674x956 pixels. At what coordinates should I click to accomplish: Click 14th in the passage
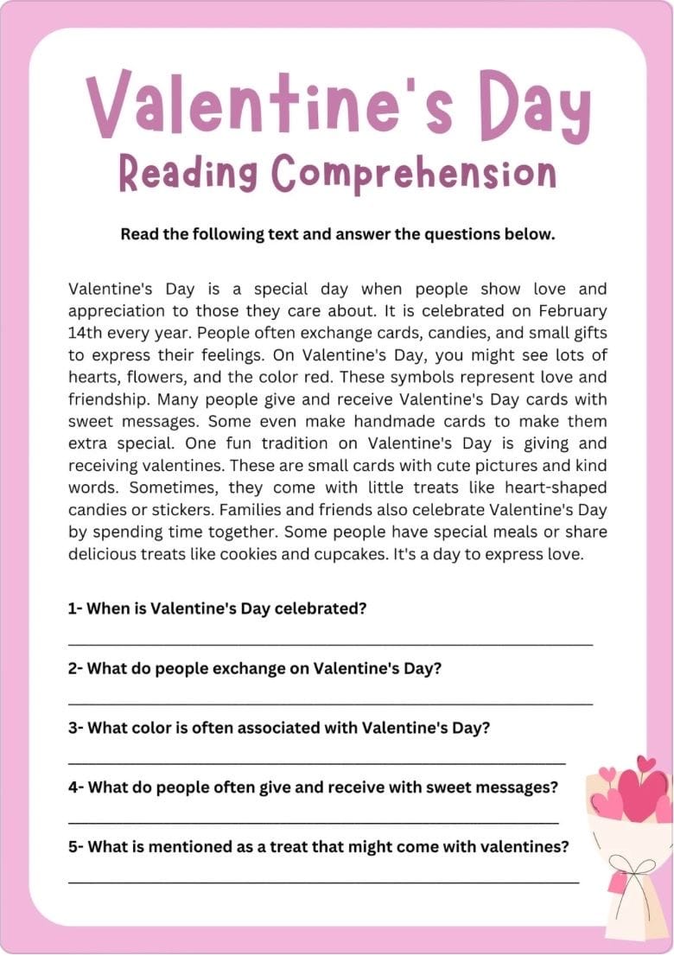click(x=86, y=332)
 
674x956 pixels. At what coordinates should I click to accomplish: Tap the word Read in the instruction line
click(x=139, y=234)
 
